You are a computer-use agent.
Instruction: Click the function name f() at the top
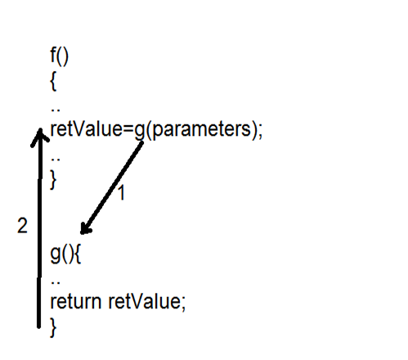tap(60, 56)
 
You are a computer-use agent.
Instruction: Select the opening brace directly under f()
tap(53, 82)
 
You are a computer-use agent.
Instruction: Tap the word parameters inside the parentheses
tap(200, 129)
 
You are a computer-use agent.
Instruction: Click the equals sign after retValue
tap(128, 129)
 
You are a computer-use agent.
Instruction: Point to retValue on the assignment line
tap(86, 128)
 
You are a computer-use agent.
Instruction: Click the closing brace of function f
tap(53, 179)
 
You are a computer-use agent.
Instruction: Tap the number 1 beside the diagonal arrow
tap(122, 192)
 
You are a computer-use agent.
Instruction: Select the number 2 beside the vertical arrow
tap(22, 226)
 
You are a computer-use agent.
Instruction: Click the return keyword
tap(76, 302)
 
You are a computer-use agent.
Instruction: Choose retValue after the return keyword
tap(144, 301)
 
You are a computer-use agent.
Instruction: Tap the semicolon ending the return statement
tap(183, 304)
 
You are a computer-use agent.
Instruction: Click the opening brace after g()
tap(78, 254)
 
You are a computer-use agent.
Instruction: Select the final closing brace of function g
tap(53, 328)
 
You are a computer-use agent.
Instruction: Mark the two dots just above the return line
tap(56, 282)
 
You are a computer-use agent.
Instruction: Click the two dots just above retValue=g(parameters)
tap(56, 110)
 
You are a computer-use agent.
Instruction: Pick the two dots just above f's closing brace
tap(56, 159)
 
